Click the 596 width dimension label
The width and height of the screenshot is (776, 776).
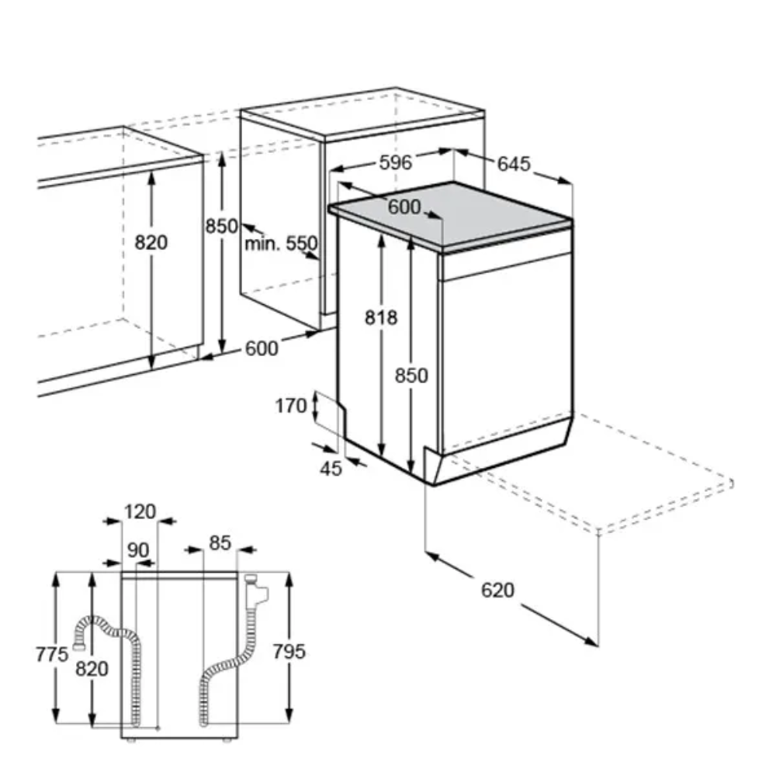tap(396, 162)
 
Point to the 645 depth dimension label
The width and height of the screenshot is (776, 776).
tap(514, 164)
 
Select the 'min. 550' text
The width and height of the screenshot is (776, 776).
tap(281, 244)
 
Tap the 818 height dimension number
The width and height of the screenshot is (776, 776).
tap(381, 317)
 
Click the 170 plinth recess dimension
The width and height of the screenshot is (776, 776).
tap(291, 406)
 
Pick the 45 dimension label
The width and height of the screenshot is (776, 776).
tap(331, 468)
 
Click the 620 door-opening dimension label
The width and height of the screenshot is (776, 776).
tap(498, 590)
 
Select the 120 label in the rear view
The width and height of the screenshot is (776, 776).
tap(140, 511)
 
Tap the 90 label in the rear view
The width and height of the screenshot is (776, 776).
tap(138, 550)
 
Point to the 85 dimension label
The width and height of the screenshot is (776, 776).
tap(220, 543)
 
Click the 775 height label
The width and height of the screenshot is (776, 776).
tap(52, 654)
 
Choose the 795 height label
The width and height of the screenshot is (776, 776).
tap(289, 651)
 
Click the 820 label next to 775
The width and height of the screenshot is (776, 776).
tap(92, 669)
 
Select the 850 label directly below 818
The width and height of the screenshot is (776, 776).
tap(411, 376)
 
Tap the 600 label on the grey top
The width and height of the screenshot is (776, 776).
tap(404, 207)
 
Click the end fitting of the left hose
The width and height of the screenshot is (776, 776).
tap(78, 645)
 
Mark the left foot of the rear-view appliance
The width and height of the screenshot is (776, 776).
tap(130, 741)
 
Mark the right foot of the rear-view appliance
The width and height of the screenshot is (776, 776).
tap(227, 741)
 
